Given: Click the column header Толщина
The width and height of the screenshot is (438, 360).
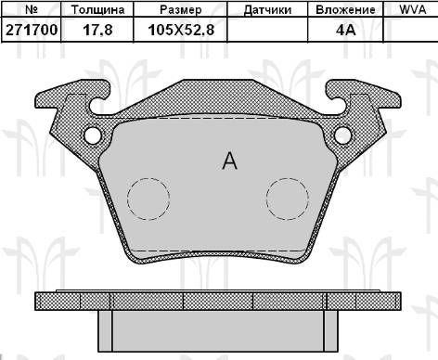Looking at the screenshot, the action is click(x=97, y=9).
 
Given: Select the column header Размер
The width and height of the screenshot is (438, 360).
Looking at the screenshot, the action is click(x=181, y=10).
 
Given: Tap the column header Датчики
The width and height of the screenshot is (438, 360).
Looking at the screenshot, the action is click(x=267, y=10).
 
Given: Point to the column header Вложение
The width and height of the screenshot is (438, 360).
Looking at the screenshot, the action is click(x=345, y=9).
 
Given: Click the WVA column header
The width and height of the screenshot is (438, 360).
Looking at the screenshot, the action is click(x=413, y=9).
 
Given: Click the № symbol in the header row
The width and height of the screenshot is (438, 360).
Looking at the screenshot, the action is click(x=32, y=9).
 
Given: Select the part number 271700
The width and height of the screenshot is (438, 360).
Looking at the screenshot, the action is click(x=32, y=30).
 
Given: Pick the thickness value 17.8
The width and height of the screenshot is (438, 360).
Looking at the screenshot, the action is click(x=97, y=31).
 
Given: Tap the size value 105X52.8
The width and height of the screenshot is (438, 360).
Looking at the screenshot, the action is click(x=181, y=31).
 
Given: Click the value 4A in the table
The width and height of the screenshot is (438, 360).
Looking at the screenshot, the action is click(x=346, y=30).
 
